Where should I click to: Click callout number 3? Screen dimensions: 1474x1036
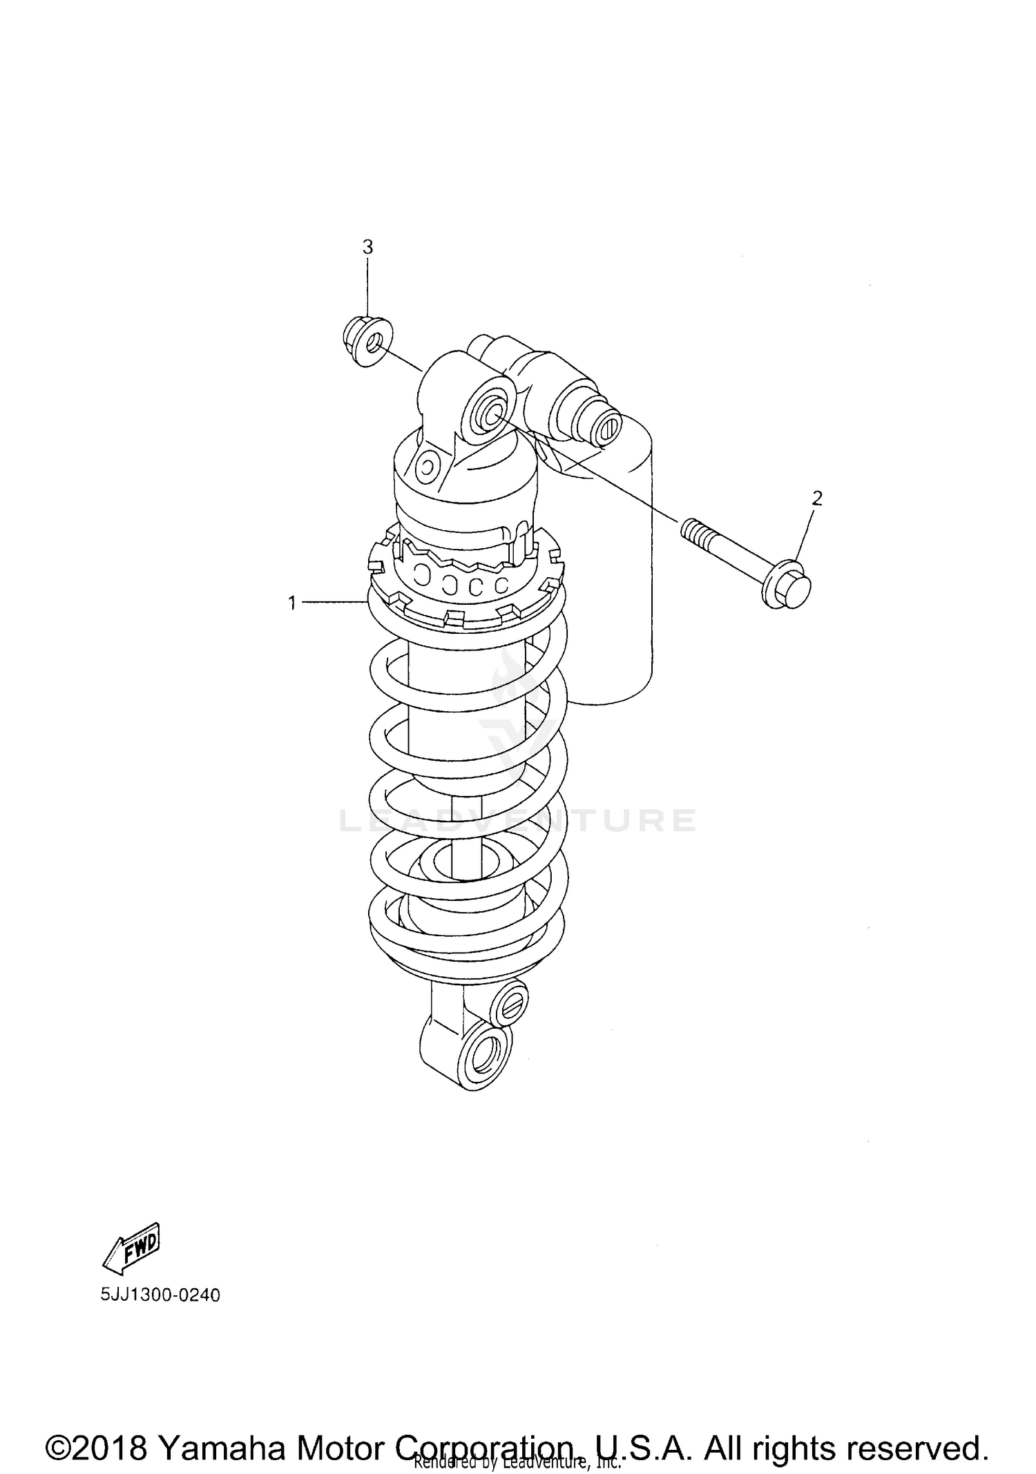coord(367,246)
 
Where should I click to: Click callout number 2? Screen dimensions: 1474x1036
coord(817,498)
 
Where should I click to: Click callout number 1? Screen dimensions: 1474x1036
coord(292,603)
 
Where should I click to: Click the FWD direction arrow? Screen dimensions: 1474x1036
coord(133,1248)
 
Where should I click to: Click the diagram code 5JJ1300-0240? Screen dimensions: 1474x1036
coord(160,1295)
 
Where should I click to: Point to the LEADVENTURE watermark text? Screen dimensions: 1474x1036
coord(518,820)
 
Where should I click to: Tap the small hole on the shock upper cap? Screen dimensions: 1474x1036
coord(428,467)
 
